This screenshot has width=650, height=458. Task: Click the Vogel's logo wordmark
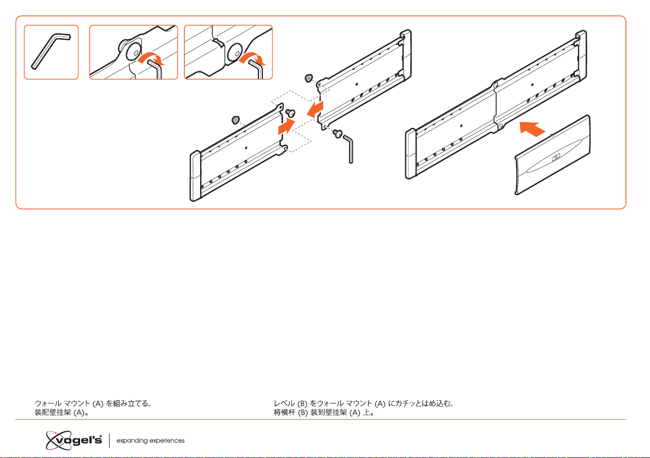pos(74,439)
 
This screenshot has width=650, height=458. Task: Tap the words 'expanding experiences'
pos(151,440)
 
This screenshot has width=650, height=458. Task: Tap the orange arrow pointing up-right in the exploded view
pos(286,128)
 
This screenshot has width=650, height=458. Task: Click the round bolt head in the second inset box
pos(132,52)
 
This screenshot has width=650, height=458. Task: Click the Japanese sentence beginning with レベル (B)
pos(364,405)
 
